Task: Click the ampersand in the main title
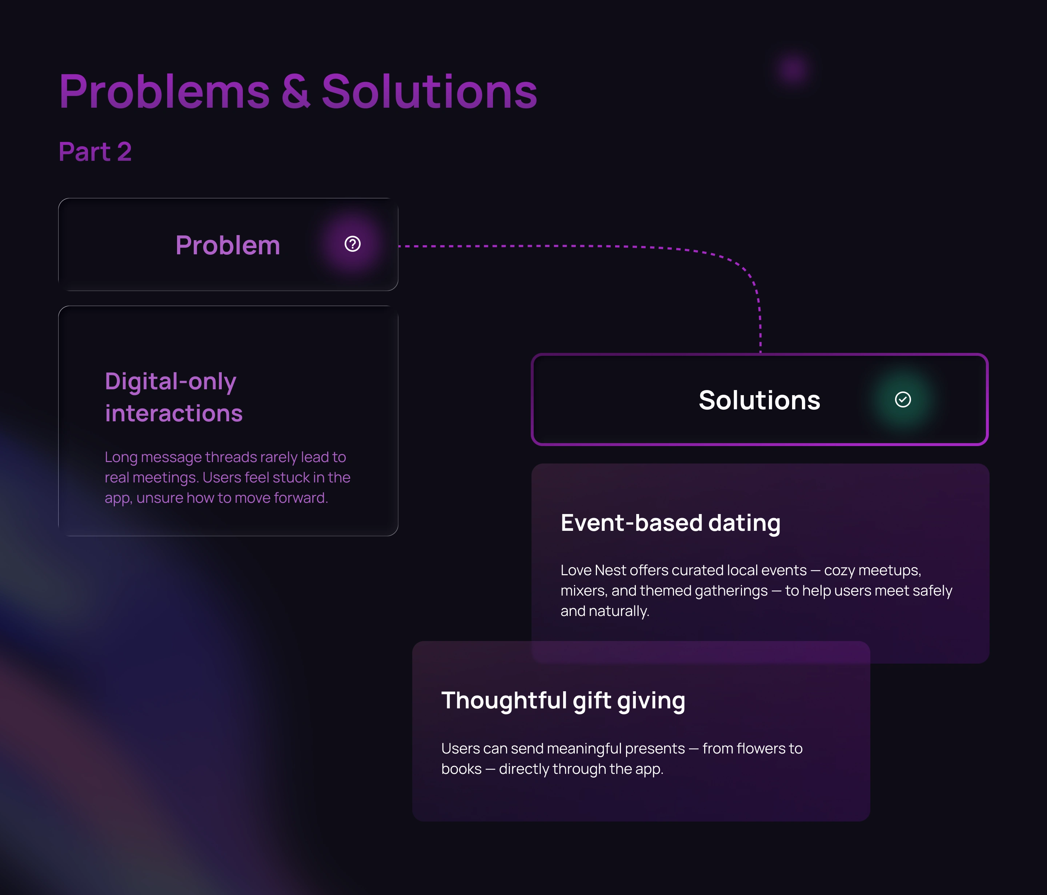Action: pos(296,92)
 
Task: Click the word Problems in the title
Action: pos(165,92)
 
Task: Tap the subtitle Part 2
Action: pos(95,152)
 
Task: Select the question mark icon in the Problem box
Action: pos(352,244)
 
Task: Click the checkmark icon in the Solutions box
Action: pos(902,399)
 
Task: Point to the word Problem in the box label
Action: pos(228,246)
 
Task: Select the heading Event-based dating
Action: pos(670,523)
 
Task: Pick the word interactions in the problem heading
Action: pos(174,414)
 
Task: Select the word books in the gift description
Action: pos(461,769)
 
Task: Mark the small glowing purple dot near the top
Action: pos(793,69)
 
